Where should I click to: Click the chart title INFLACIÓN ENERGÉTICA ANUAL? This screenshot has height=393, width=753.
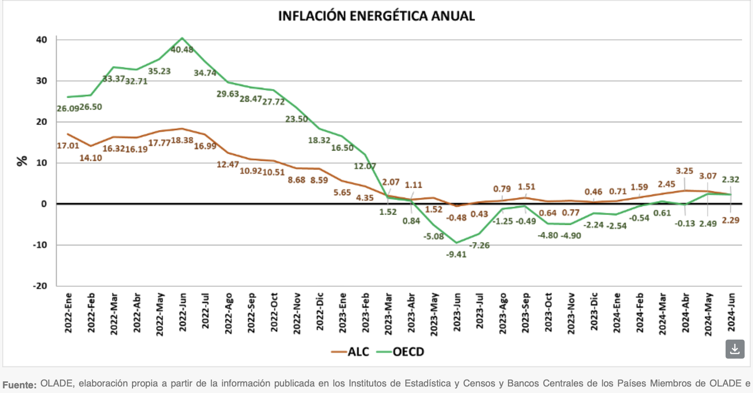376,16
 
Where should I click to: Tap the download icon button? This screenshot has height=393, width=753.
734,349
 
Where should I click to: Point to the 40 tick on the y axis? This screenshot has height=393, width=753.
42,40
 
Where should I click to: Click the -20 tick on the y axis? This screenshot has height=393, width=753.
40,286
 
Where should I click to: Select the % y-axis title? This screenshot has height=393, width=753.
22,161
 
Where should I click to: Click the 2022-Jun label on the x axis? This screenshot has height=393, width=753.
183,312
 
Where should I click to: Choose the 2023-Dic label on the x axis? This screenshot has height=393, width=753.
594,312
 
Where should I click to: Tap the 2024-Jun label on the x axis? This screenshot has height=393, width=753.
731,312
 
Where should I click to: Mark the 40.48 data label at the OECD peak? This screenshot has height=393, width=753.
182,50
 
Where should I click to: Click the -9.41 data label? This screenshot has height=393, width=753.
456,255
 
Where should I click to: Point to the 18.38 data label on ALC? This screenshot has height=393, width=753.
182,140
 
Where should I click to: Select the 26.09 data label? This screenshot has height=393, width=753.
68,109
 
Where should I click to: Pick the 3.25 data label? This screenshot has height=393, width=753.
684,171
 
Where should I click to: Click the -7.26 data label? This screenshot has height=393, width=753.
479,245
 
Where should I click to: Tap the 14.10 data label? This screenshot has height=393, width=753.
91,158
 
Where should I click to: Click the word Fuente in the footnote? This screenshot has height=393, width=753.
19,385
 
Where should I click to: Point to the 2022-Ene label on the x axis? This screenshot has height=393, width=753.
68,313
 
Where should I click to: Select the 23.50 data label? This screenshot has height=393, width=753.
297,119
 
